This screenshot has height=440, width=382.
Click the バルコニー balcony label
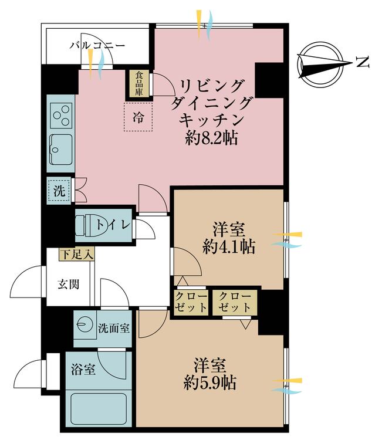pos(97,45)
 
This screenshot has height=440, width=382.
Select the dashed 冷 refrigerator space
pos(138,117)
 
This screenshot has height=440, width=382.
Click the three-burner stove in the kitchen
pos(61,116)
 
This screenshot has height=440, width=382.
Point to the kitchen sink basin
pos(61,149)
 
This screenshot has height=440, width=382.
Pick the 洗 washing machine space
pos(59,191)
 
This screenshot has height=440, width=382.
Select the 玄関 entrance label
pos(69,285)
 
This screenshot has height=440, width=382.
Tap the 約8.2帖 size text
pos(211,138)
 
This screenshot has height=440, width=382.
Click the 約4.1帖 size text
pos(229,247)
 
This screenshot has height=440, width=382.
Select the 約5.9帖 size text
pos(209,383)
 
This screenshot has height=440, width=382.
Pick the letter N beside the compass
pos(363,62)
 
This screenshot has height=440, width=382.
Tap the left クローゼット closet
pos(191,302)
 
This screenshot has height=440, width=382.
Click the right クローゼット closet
pos(235,302)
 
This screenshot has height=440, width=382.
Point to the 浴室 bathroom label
pos(83,369)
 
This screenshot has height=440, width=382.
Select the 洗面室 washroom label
pos(114,328)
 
